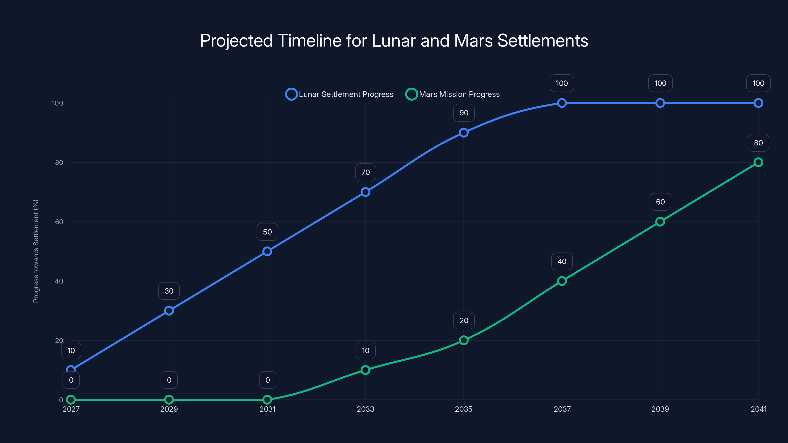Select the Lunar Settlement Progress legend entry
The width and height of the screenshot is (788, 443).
tap(340, 94)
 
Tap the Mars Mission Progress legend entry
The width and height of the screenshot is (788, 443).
tap(453, 94)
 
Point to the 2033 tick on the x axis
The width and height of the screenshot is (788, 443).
tap(365, 409)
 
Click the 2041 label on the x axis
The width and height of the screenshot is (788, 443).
tap(758, 409)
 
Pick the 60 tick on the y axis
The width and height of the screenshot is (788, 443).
tap(59, 222)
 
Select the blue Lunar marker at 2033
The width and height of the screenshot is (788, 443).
tap(365, 192)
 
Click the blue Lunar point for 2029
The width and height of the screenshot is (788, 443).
tap(169, 311)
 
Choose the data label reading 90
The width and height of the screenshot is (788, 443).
tap(464, 113)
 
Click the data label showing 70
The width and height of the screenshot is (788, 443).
tap(365, 173)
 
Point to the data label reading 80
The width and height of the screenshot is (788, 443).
tap(758, 143)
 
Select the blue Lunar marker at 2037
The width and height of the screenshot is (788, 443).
tap(562, 103)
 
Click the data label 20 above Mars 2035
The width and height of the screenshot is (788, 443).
tap(464, 320)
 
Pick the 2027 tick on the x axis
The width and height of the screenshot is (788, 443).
tap(71, 409)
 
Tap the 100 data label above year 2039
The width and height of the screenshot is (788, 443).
tap(660, 83)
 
